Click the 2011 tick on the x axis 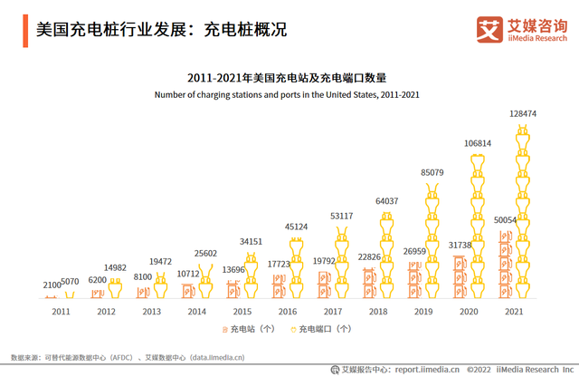coord(61,311)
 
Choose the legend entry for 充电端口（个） coord(323,329)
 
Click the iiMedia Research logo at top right coord(526,29)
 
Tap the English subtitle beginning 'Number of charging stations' coord(287,94)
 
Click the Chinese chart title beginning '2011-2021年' coord(287,79)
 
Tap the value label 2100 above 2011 coord(53,285)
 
